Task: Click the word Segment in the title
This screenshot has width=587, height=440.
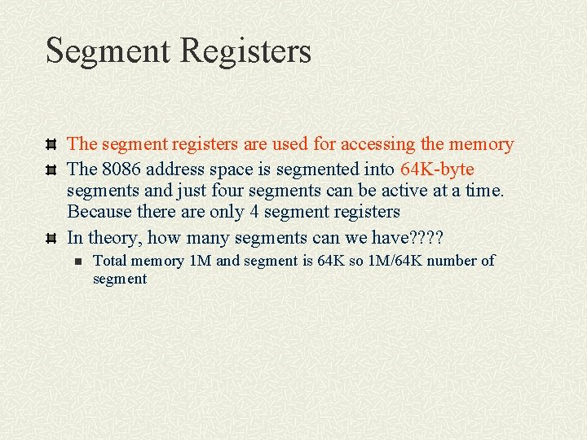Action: [108, 51]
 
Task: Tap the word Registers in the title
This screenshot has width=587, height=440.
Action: [245, 51]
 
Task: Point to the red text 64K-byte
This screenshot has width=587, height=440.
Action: [437, 169]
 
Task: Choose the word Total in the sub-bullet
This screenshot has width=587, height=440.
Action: [110, 261]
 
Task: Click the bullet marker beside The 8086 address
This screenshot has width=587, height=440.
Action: [51, 170]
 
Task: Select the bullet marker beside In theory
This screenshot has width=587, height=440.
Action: [51, 238]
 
